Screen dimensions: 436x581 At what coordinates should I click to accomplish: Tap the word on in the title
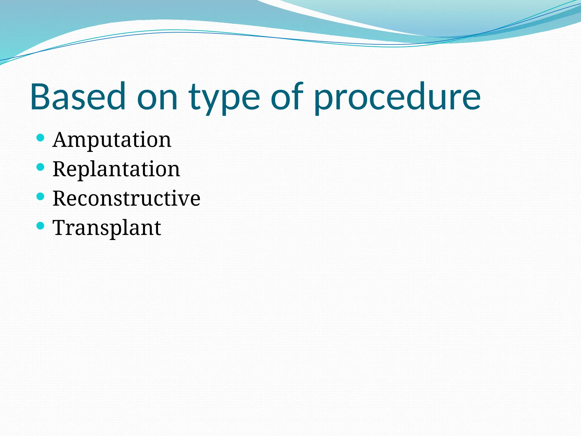pyautogui.click(x=157, y=98)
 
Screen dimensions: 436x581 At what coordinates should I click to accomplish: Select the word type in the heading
pyautogui.click(x=224, y=98)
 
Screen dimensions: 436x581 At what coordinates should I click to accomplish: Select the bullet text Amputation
pyautogui.click(x=112, y=140)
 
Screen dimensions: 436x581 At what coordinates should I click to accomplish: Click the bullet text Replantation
pyautogui.click(x=116, y=169)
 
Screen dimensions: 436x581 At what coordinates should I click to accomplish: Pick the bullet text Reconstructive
pyautogui.click(x=127, y=198)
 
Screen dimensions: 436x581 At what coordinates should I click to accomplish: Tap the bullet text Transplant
pyautogui.click(x=107, y=228)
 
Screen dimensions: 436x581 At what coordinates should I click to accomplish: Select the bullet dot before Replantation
pyautogui.click(x=41, y=167)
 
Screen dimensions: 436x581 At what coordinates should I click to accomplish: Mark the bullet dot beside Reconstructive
pyautogui.click(x=41, y=196)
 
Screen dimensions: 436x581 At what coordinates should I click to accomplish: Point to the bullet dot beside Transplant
pyautogui.click(x=41, y=226)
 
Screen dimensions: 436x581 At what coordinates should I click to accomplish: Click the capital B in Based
pyautogui.click(x=41, y=97)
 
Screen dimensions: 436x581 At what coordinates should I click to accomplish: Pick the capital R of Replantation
pyautogui.click(x=60, y=169)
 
